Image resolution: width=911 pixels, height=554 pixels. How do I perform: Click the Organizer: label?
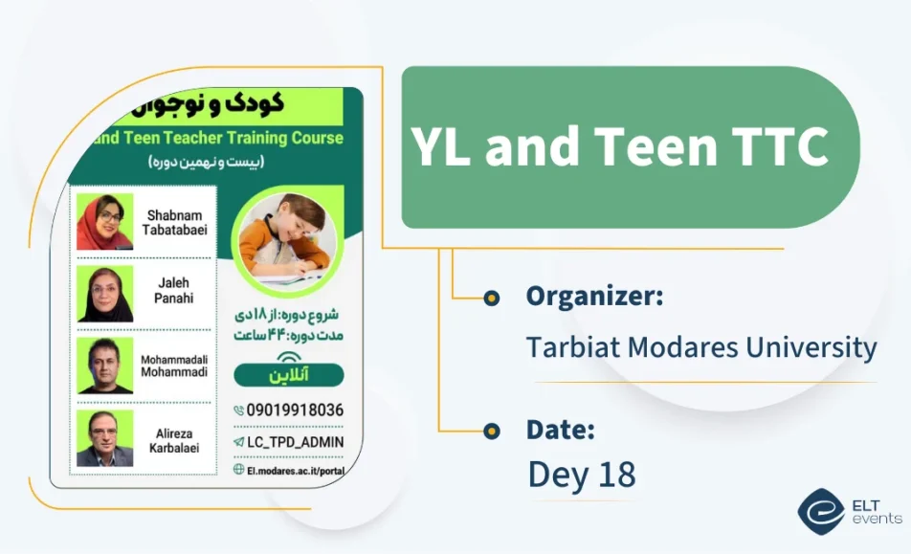coord(594,297)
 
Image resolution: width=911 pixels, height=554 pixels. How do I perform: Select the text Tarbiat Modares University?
coord(700,346)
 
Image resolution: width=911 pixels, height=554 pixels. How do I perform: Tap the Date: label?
coord(561,430)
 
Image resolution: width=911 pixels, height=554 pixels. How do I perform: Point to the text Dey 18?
coord(582,475)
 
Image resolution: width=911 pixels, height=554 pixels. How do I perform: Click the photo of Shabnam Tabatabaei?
coord(105,222)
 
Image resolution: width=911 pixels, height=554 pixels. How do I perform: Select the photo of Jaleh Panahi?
coord(105,294)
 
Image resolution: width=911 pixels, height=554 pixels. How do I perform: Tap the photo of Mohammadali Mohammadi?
coord(105,366)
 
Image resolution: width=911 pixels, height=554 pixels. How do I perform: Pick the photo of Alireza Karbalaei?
coord(105,438)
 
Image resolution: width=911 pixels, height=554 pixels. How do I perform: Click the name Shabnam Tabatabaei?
coord(177,222)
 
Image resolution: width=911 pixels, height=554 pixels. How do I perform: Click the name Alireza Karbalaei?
coord(177,440)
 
